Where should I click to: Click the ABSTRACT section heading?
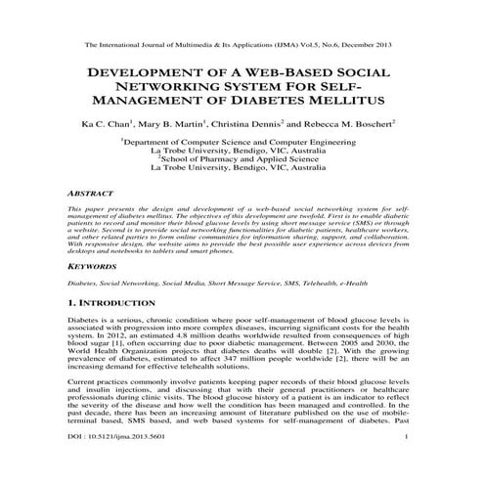pos(92,196)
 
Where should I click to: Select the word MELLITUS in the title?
pos(337,100)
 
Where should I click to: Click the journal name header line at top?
pos(241,45)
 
